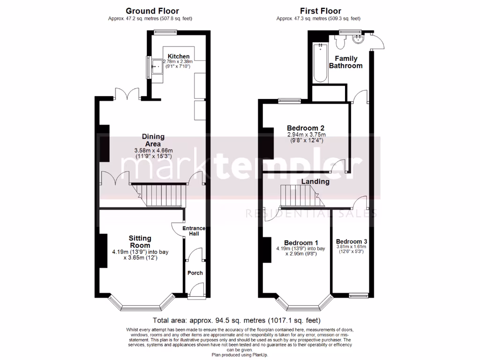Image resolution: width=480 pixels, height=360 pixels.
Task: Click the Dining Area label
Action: coord(153,140)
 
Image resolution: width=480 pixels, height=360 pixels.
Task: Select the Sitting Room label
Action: coord(140,242)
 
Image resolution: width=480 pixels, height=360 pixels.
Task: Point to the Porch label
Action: coord(195,273)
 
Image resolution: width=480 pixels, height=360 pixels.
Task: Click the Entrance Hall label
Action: coord(194,231)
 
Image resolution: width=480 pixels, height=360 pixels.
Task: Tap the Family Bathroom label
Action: coord(345,62)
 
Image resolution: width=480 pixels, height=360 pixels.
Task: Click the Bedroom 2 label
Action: coord(305,128)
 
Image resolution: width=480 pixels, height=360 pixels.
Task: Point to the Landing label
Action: coord(315,181)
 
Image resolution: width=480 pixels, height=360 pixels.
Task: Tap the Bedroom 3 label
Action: coord(351,241)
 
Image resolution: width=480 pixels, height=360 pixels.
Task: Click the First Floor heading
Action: coord(321,11)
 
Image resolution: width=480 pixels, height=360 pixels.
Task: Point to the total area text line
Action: coord(240,321)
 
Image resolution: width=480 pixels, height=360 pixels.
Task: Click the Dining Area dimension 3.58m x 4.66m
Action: coord(153,150)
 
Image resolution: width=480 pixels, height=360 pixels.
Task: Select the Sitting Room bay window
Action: coord(140,305)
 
